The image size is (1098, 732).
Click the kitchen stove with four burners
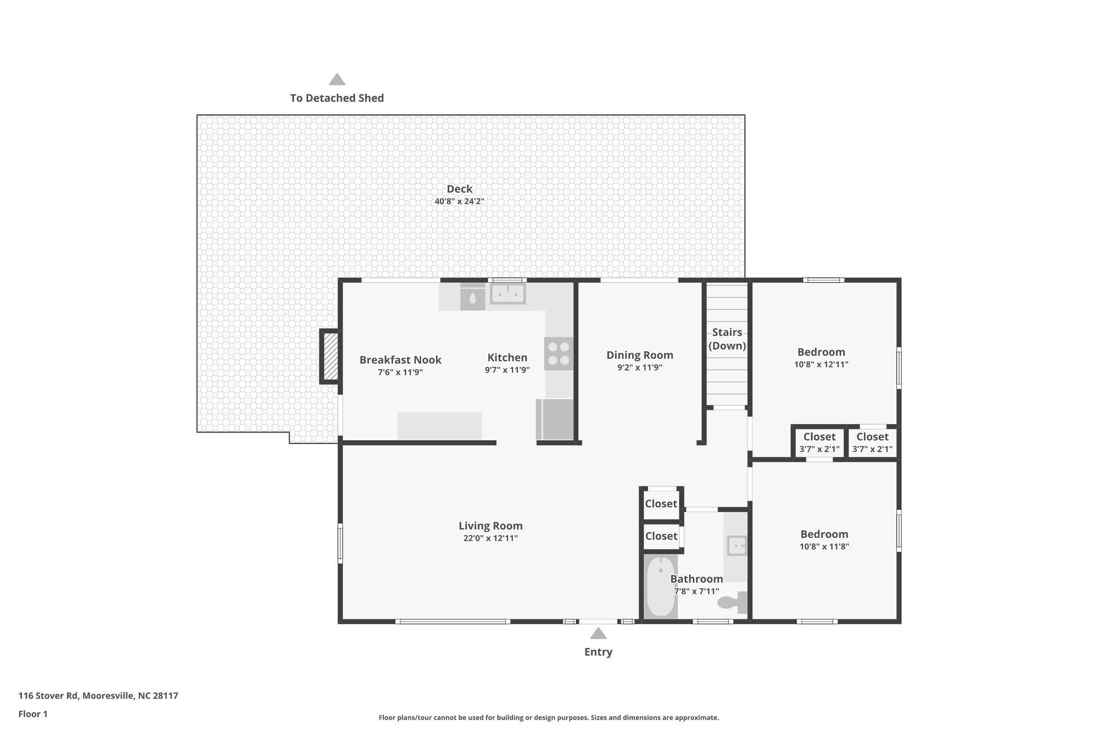558,354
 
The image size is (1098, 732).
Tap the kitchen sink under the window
508,294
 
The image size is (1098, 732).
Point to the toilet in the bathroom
732,602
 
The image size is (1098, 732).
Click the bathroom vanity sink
736,546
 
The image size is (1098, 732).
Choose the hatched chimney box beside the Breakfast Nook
330,356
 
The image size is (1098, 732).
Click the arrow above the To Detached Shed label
337,80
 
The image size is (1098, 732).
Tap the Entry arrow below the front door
598,634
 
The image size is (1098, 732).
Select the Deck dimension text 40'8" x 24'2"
459,202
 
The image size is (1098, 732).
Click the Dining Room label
640,355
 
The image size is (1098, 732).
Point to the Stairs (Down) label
727,339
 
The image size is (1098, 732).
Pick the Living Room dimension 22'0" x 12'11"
491,538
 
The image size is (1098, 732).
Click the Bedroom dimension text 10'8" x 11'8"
824,546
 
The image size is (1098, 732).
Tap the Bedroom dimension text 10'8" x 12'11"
821,365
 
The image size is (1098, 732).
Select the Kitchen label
507,358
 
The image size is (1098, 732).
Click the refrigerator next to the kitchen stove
554,419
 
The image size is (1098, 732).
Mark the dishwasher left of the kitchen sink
472,297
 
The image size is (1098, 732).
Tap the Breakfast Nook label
400,360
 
